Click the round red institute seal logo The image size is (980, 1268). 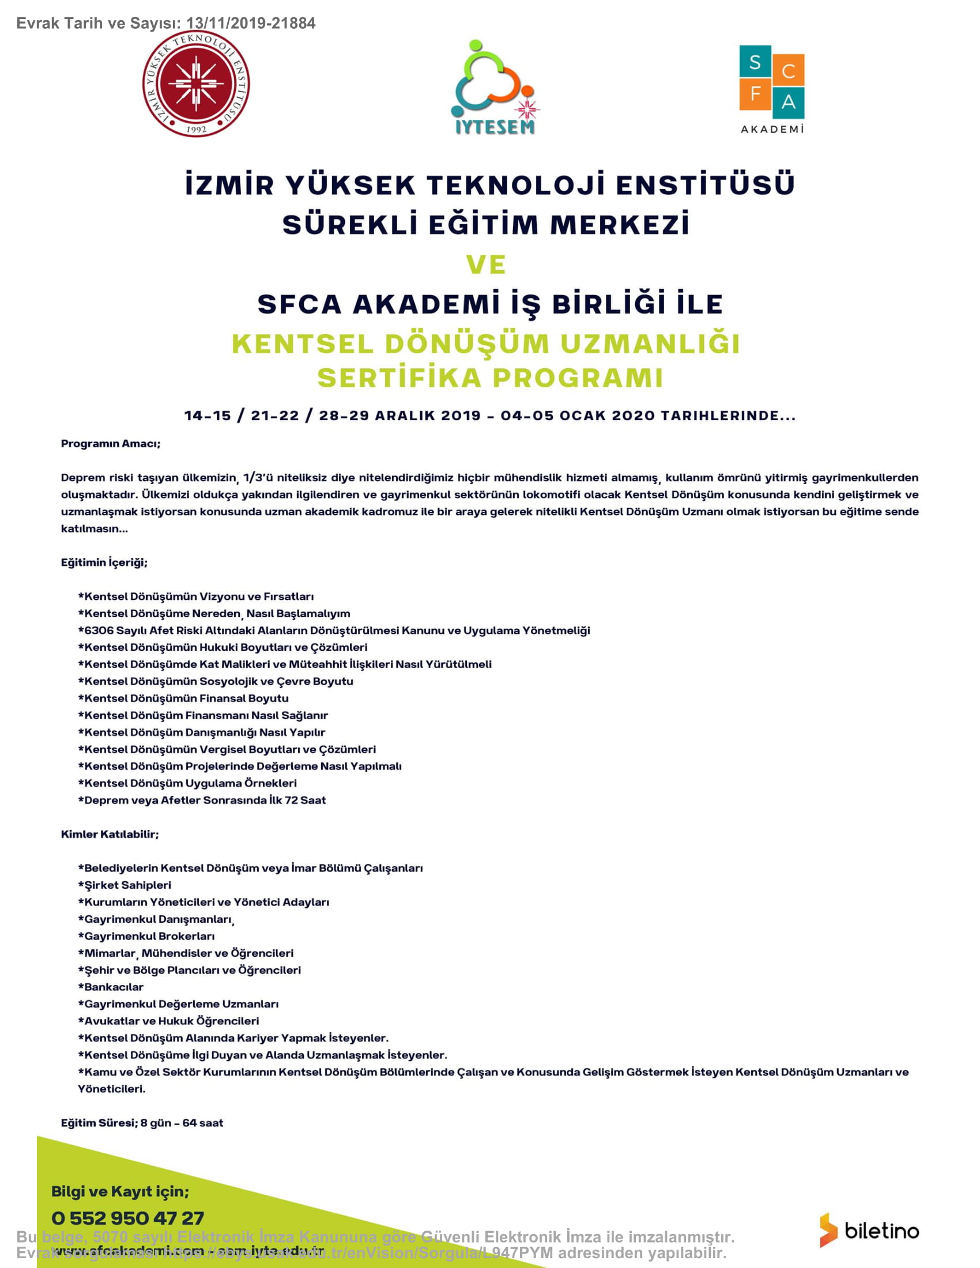[x=196, y=85]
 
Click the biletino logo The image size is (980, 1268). [x=869, y=1231]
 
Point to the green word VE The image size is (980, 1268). [x=487, y=265]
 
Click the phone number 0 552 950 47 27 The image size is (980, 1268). [x=128, y=1217]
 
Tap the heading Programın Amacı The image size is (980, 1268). [x=110, y=444]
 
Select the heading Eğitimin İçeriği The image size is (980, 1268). [x=104, y=562]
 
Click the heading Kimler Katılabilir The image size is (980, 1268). [x=110, y=834]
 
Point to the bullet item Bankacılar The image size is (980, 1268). [x=114, y=986]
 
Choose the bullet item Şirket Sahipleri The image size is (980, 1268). [x=128, y=885]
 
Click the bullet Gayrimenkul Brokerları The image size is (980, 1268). [x=149, y=936]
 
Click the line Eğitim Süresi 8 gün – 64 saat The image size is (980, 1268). [x=142, y=1122]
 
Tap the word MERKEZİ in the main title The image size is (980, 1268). [x=620, y=225]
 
